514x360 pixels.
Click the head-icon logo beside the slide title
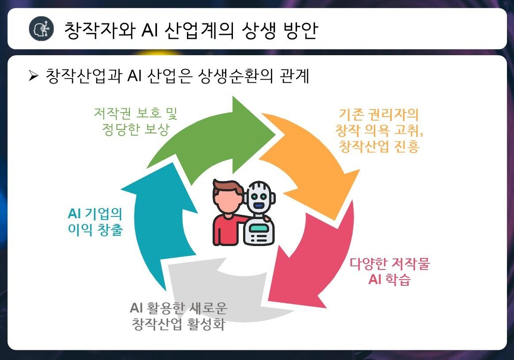41,29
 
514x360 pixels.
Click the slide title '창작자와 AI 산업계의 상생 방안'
190,30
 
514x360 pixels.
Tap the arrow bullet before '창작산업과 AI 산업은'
34,76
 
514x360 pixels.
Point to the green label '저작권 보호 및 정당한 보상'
135,121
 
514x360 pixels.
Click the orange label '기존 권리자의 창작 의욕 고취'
377,130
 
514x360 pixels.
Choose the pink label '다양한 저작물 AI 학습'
389,271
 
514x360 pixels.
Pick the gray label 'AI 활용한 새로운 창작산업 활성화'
179,316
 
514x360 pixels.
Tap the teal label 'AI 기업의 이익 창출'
95,222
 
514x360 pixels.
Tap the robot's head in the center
259,196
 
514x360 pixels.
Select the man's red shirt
225,230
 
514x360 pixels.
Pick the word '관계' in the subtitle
294,76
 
